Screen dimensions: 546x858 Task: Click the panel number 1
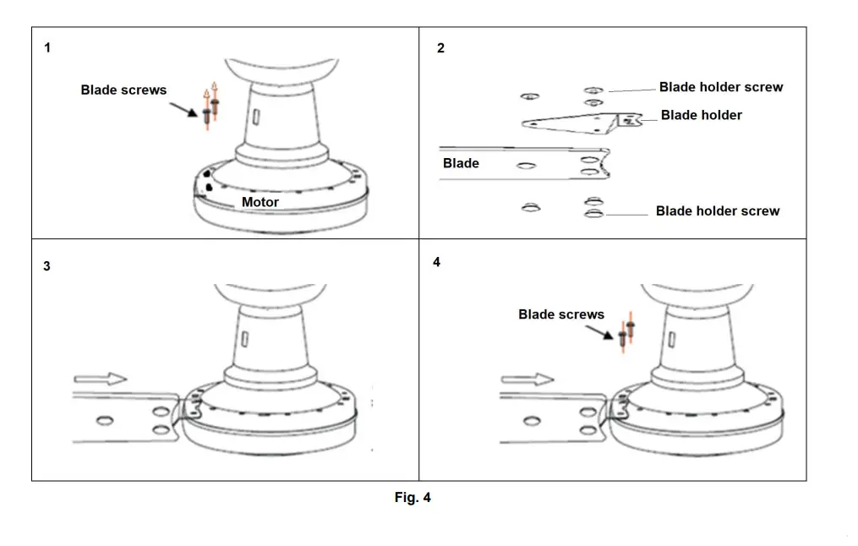tap(47, 48)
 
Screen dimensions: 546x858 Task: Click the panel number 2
tap(440, 48)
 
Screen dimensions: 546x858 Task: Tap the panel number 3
tap(46, 265)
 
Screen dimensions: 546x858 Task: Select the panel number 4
tap(436, 262)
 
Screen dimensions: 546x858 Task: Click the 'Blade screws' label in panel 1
tap(123, 90)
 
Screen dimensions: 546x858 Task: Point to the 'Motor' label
tap(260, 202)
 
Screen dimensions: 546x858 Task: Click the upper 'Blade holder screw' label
tap(720, 87)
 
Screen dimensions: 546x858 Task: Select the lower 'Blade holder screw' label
tap(717, 210)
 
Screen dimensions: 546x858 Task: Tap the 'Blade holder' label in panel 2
tap(701, 115)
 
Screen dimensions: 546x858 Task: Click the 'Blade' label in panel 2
tap(461, 163)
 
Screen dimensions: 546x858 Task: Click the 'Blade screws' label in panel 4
tap(561, 314)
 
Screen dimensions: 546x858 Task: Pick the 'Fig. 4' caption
tap(413, 498)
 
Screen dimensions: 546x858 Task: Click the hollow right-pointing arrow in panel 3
tap(100, 379)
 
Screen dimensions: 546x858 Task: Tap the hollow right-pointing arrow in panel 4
tap(527, 379)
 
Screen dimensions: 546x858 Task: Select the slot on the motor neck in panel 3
tap(243, 339)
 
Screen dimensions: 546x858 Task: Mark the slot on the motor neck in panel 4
tap(672, 339)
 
